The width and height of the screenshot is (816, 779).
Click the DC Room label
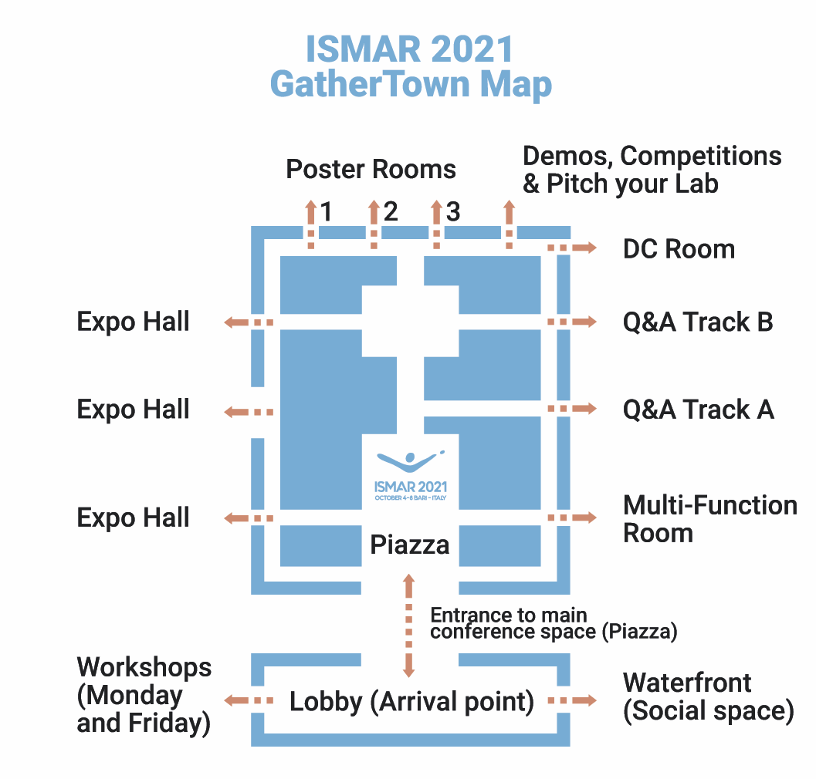679,249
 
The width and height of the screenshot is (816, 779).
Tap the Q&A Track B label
698,322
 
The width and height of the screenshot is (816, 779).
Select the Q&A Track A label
698,410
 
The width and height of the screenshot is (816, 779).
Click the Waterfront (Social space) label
708,696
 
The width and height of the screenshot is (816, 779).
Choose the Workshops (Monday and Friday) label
144,695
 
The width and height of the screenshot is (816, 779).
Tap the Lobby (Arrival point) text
411,702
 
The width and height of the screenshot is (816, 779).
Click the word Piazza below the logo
409,545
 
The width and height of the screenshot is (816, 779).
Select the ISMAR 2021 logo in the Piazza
411,474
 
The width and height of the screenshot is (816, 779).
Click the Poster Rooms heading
371,169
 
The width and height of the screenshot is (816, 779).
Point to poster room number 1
327,211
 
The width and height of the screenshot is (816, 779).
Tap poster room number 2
390,211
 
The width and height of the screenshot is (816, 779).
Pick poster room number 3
453,211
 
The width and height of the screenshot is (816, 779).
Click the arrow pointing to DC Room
572,248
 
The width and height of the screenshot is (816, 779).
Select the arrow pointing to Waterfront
572,700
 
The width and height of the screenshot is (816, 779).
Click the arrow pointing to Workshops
249,700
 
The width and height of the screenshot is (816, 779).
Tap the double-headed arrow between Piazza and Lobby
409,625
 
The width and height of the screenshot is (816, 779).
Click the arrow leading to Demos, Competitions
509,224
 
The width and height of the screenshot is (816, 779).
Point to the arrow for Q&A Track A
572,408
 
